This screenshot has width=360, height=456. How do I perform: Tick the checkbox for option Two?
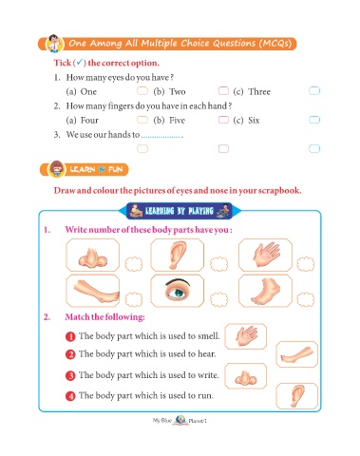[223, 91]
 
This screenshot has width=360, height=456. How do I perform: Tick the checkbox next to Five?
[223, 120]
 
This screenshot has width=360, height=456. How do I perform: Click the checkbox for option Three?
[314, 91]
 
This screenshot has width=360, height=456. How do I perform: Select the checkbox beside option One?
[142, 91]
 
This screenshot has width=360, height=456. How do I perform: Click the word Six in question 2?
[254, 121]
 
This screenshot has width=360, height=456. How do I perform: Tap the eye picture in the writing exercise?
[178, 292]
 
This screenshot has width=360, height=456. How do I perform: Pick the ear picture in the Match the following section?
[297, 396]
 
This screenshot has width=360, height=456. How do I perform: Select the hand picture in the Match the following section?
[246, 336]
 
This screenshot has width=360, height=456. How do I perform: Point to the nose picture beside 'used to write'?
[245, 377]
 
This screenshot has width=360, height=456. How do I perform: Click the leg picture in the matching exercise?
[296, 355]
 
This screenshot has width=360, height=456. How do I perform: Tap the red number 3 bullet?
[70, 375]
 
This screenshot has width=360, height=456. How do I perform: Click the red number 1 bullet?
[70, 336]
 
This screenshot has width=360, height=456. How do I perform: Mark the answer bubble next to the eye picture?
[218, 299]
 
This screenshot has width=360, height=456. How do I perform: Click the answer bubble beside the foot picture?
[306, 299]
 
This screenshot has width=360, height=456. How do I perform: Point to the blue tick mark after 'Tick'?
[80, 62]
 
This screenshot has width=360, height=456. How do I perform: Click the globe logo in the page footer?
[180, 420]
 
